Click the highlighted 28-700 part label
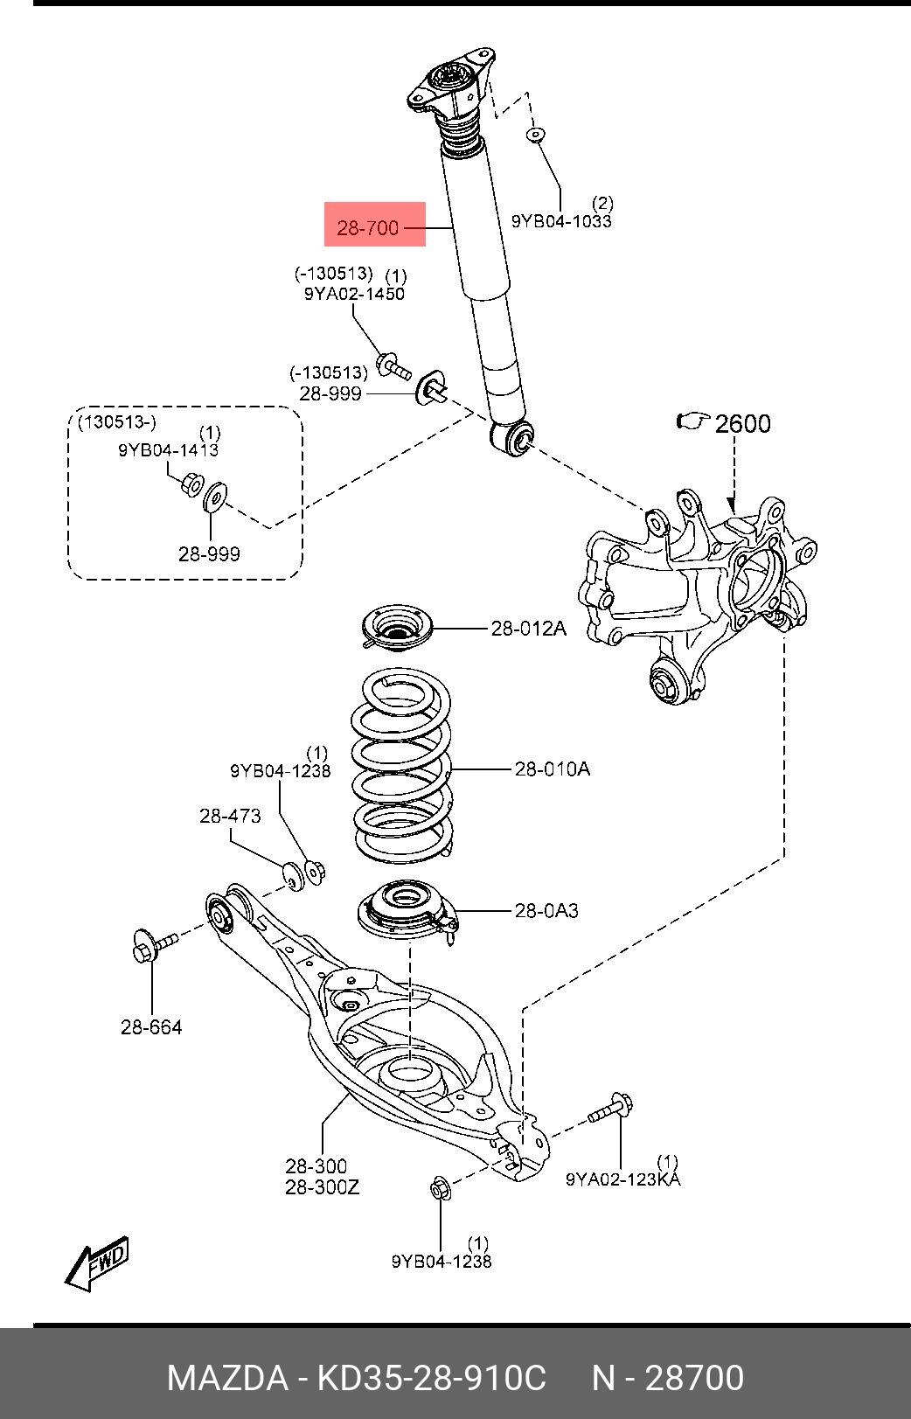pos(367,227)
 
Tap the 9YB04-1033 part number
pos(561,221)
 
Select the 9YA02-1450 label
pos(354,294)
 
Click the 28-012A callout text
pos(529,629)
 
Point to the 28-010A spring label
pos(552,769)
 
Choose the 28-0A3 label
pos(546,910)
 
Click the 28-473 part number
pos(230,816)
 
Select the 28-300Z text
pos(322,1186)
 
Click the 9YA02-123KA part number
pos(623,1179)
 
